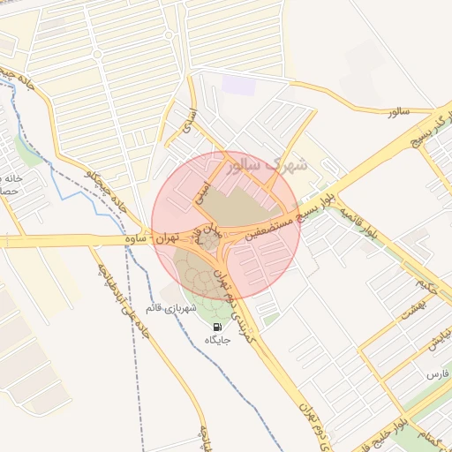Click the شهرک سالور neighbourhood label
(265, 164)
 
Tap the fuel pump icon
(217, 326)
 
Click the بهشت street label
(413, 310)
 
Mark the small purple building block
(237, 86)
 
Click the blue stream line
(62, 181)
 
